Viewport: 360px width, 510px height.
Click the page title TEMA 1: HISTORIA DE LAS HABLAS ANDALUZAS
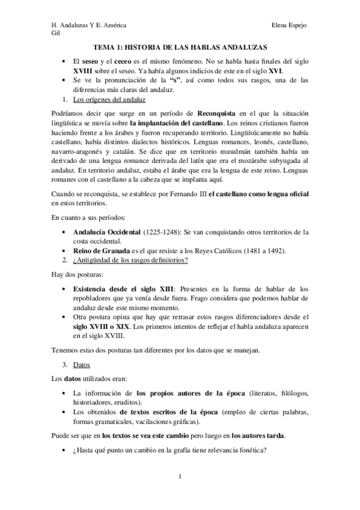tap(180, 46)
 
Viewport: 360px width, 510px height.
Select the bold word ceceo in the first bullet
tap(124, 61)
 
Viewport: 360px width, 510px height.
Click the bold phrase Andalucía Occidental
tap(106, 232)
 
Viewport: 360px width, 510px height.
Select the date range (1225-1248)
tap(163, 232)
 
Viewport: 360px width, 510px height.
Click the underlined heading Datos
tap(80, 365)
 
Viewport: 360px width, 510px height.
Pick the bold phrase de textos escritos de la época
tap(170, 411)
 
